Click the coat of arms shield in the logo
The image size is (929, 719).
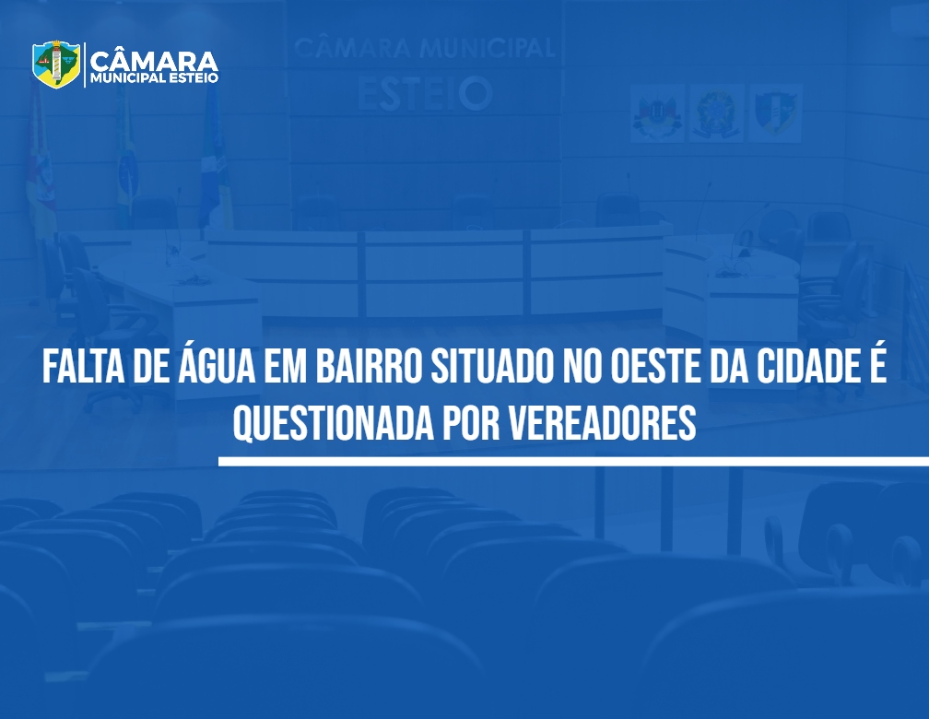point(56,64)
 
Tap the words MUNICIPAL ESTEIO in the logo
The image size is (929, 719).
point(154,78)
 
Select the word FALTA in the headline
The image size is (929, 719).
point(84,368)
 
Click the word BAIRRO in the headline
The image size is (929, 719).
point(369,368)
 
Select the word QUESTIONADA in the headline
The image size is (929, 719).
point(334,423)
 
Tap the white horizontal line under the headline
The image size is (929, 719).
point(573,461)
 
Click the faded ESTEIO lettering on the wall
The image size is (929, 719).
point(426,94)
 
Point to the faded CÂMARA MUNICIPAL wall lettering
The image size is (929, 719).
point(425,47)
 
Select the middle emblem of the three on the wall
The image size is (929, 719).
point(716,112)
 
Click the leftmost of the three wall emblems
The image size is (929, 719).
point(657,112)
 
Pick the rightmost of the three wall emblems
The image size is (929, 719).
point(776,112)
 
